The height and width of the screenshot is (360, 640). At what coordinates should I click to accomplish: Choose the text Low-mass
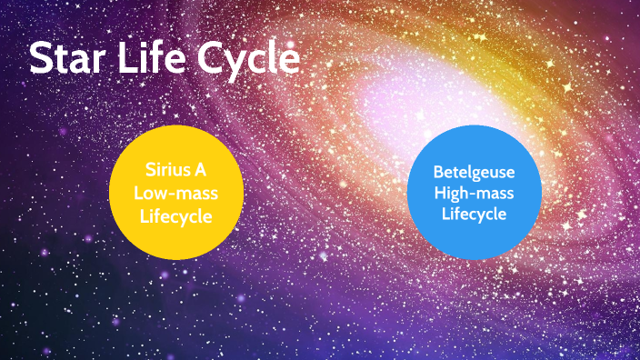tap(175, 193)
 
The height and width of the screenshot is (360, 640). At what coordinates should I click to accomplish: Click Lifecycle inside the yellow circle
tap(175, 215)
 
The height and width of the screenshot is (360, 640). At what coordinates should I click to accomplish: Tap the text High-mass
tap(474, 193)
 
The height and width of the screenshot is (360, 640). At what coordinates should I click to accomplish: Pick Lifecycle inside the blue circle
tap(474, 215)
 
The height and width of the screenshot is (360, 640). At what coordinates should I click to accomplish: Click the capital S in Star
tap(41, 59)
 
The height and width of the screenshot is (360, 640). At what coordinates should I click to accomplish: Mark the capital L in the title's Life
tap(134, 59)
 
